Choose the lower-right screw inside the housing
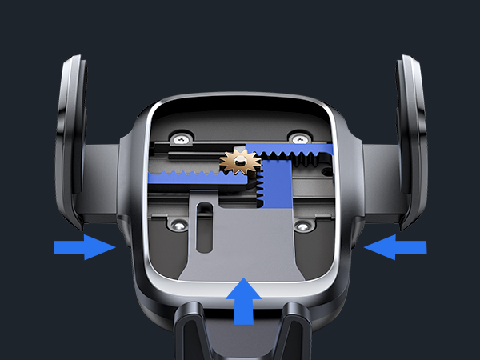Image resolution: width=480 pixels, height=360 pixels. (x=303, y=228)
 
